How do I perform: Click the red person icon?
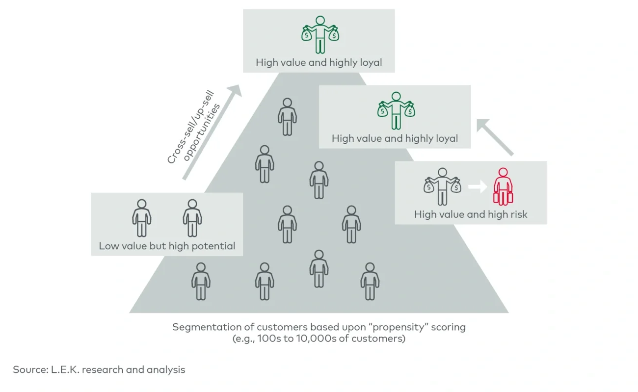(503, 187)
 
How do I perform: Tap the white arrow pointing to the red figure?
(477, 187)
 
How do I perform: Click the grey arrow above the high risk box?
(495, 137)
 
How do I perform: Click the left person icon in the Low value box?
(142, 218)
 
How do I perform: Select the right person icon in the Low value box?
(192, 218)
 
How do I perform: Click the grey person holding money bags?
(443, 187)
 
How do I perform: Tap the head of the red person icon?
(503, 173)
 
